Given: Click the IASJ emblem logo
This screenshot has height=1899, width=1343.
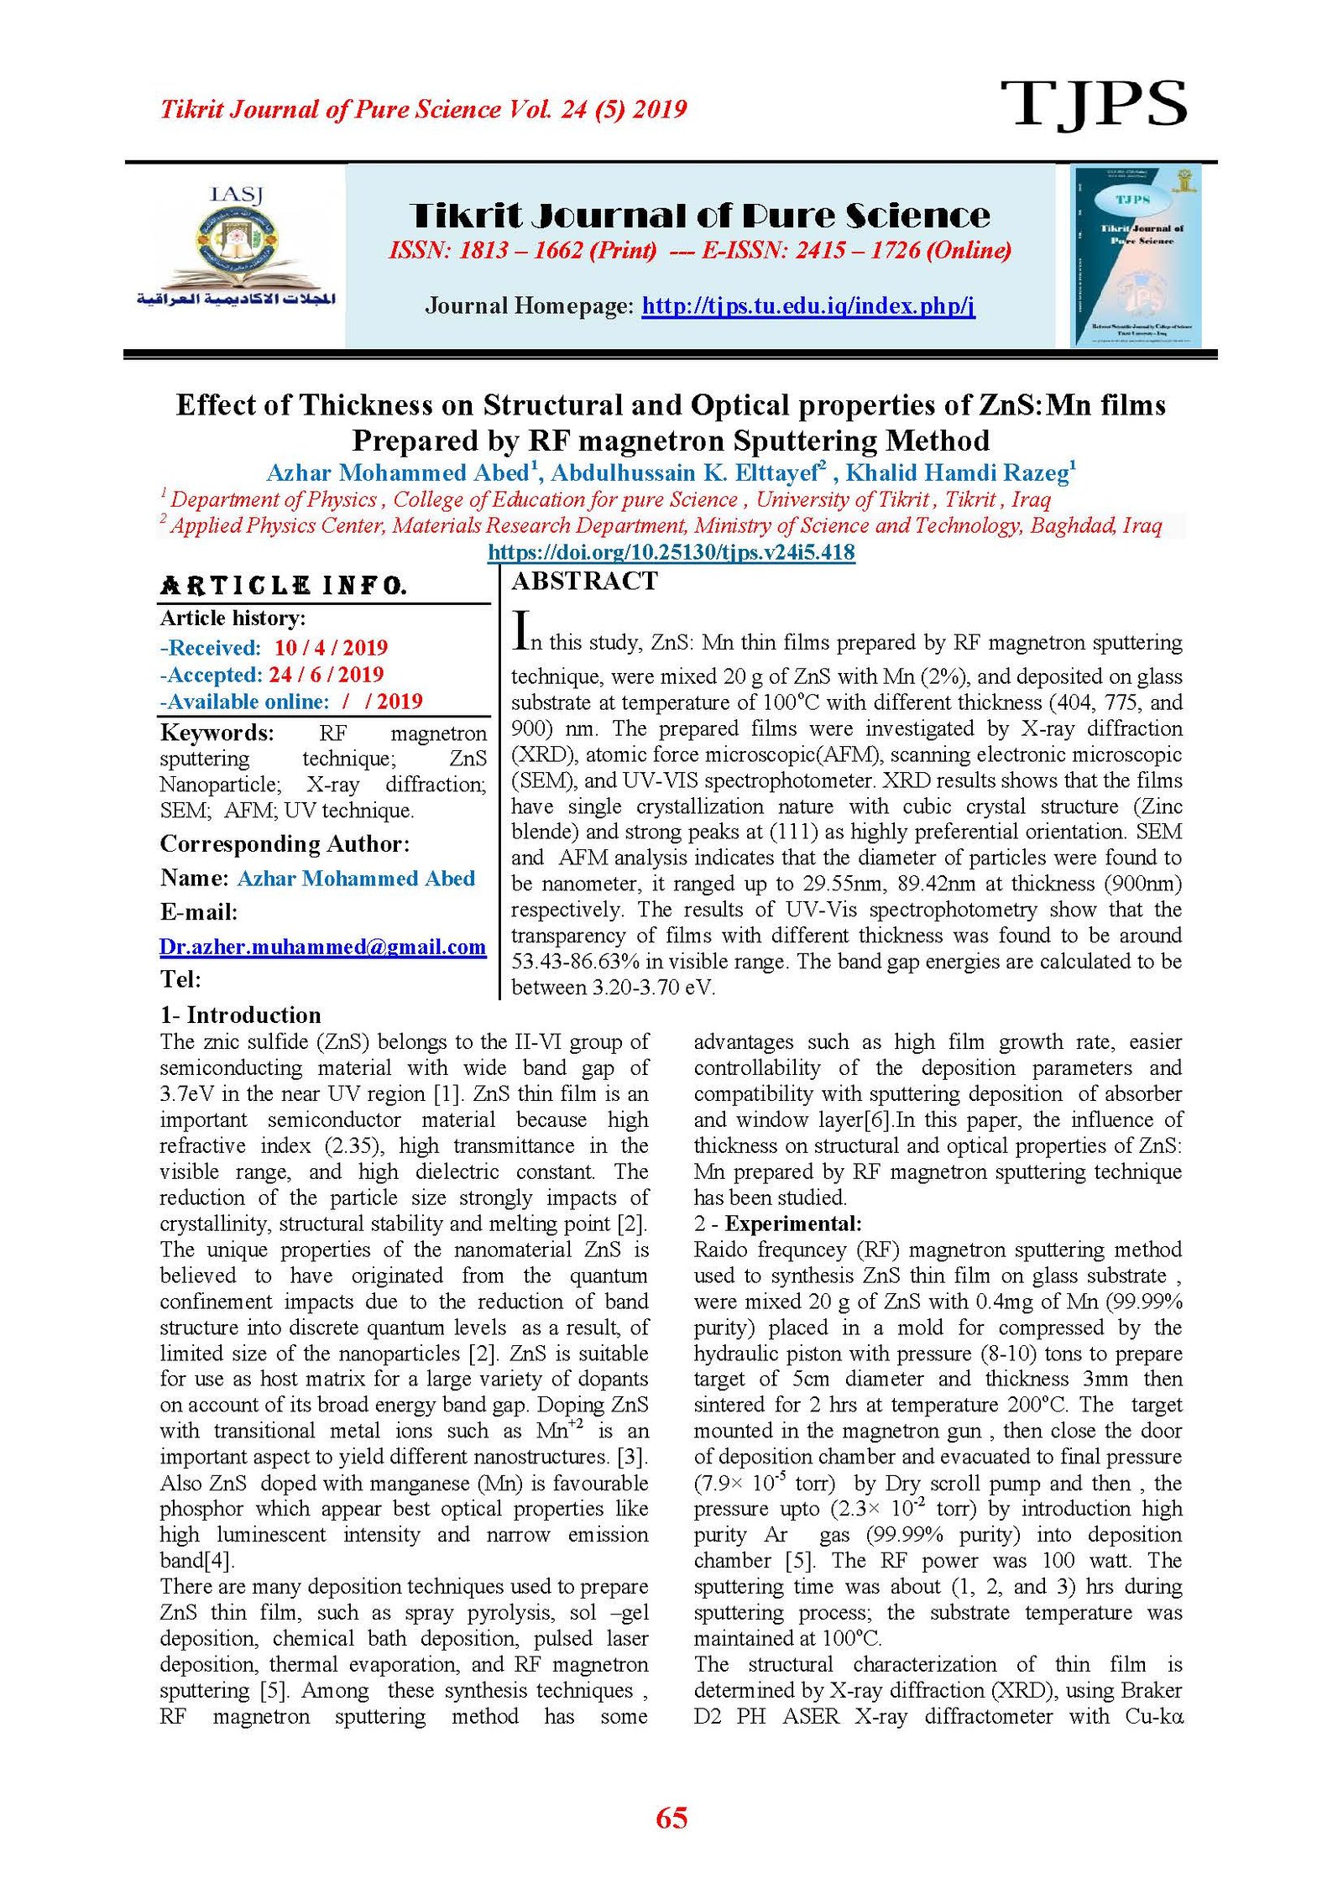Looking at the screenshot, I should pos(237,250).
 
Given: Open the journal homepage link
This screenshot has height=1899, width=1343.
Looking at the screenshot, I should pos(807,305).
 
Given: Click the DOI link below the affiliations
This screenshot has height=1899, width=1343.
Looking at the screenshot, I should pos(671,552).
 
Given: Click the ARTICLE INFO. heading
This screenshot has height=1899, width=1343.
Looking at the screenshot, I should pos(284,585).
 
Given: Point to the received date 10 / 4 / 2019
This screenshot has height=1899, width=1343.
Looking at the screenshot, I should pos(331,648).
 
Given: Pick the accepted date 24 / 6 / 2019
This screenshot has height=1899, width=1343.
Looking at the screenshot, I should pos(326,675).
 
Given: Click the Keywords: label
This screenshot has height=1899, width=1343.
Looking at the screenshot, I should pos(217,733).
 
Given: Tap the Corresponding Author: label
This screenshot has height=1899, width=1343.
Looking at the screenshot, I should pos(285,843).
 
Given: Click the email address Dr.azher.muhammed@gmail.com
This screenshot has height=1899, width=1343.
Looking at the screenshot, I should pos(322,947).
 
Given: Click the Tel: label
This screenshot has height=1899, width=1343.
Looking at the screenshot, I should pos(180,979).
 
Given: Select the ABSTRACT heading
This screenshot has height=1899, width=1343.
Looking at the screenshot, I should pos(585,581).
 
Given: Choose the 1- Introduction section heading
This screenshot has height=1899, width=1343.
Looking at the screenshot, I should pos(240,1015).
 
